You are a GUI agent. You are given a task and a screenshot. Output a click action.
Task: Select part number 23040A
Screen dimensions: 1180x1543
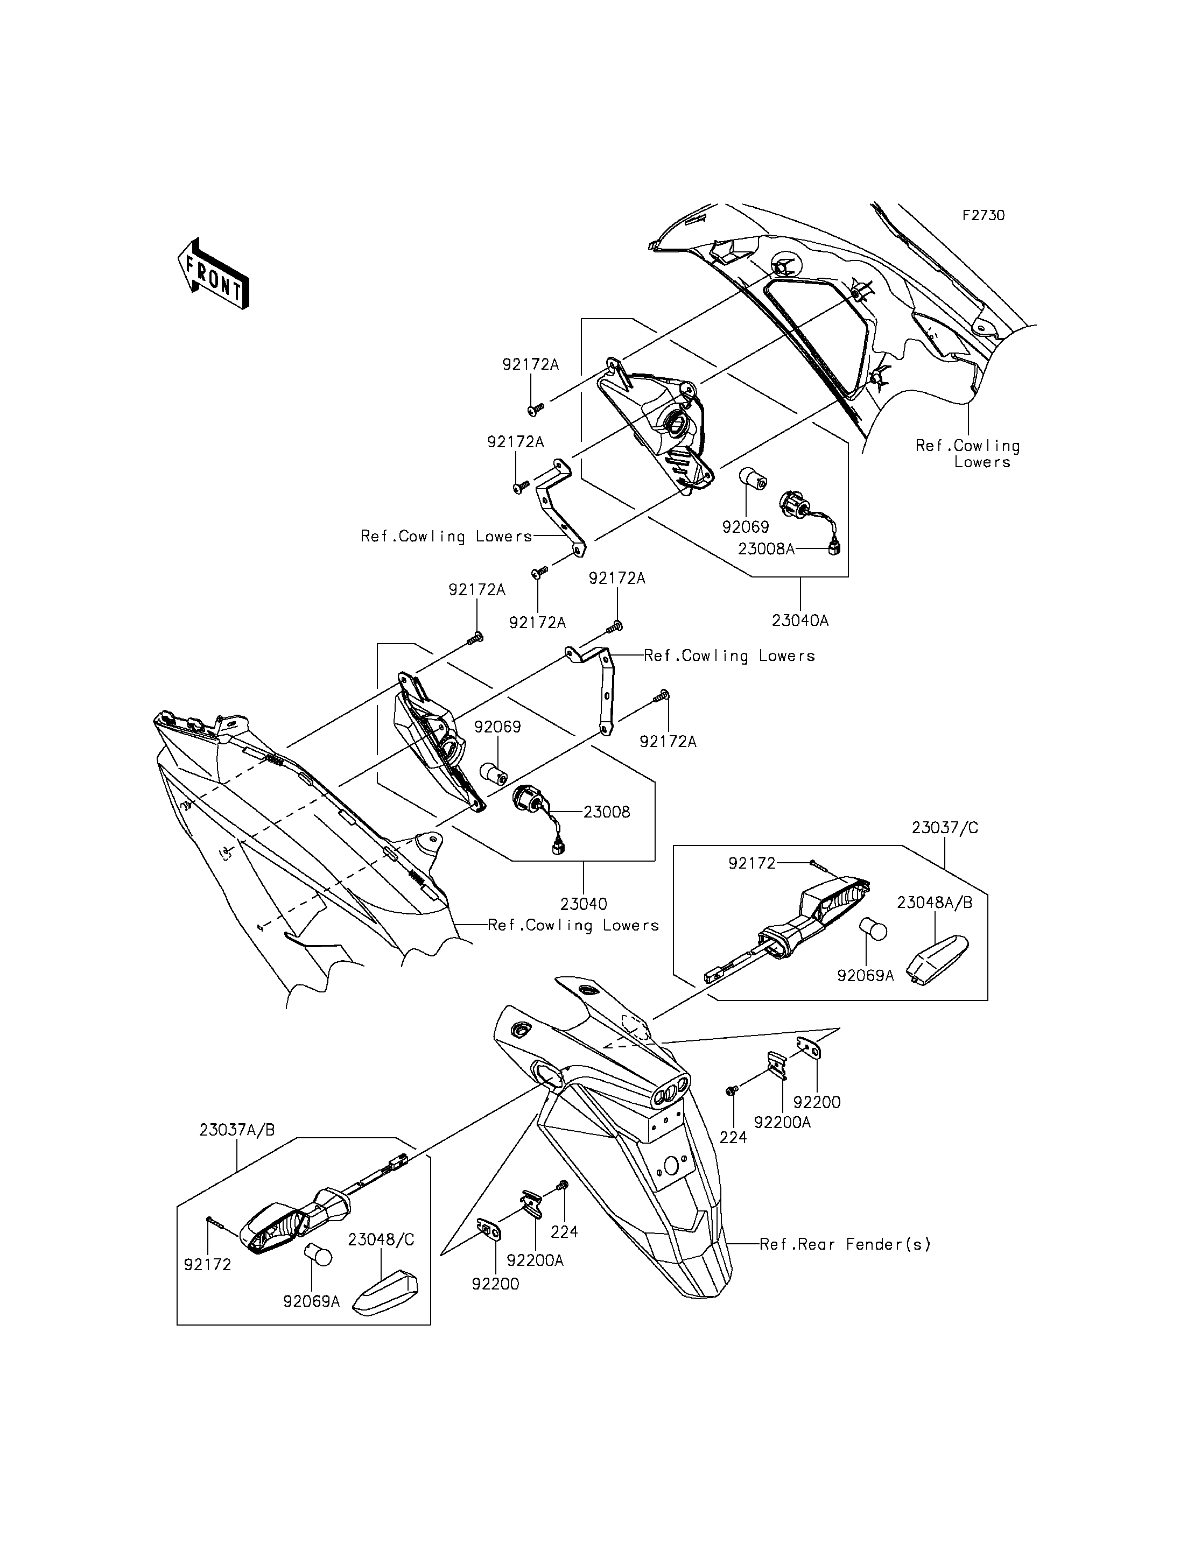(x=800, y=621)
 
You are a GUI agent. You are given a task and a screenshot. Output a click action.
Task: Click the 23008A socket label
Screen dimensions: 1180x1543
(x=766, y=549)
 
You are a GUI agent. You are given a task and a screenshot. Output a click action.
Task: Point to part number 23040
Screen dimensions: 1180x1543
(x=584, y=904)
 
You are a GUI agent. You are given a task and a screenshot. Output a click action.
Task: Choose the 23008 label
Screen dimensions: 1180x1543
(x=607, y=812)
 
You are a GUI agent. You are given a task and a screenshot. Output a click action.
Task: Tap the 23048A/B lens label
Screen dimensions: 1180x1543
(x=934, y=903)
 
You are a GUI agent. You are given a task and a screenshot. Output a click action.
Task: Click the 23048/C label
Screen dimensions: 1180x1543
(x=381, y=1239)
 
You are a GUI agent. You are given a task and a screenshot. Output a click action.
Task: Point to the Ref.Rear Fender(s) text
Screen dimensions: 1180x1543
(x=845, y=1244)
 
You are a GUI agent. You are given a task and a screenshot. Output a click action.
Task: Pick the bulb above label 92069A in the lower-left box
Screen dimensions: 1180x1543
(x=318, y=1255)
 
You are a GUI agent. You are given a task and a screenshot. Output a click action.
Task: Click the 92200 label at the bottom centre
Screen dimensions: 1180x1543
(x=496, y=1284)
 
